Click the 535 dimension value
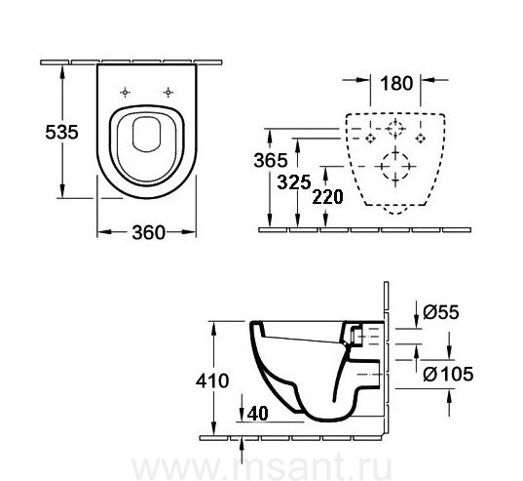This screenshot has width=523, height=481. [61, 132]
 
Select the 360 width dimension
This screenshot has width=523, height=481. [148, 232]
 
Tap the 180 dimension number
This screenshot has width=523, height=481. [396, 83]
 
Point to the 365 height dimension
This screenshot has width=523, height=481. [271, 160]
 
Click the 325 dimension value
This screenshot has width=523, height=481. [294, 182]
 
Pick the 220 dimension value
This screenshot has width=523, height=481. [327, 197]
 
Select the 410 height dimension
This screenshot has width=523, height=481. [212, 381]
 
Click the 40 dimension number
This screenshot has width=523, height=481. [257, 414]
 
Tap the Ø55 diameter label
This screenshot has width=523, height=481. [441, 312]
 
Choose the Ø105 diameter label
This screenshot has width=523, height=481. [448, 374]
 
